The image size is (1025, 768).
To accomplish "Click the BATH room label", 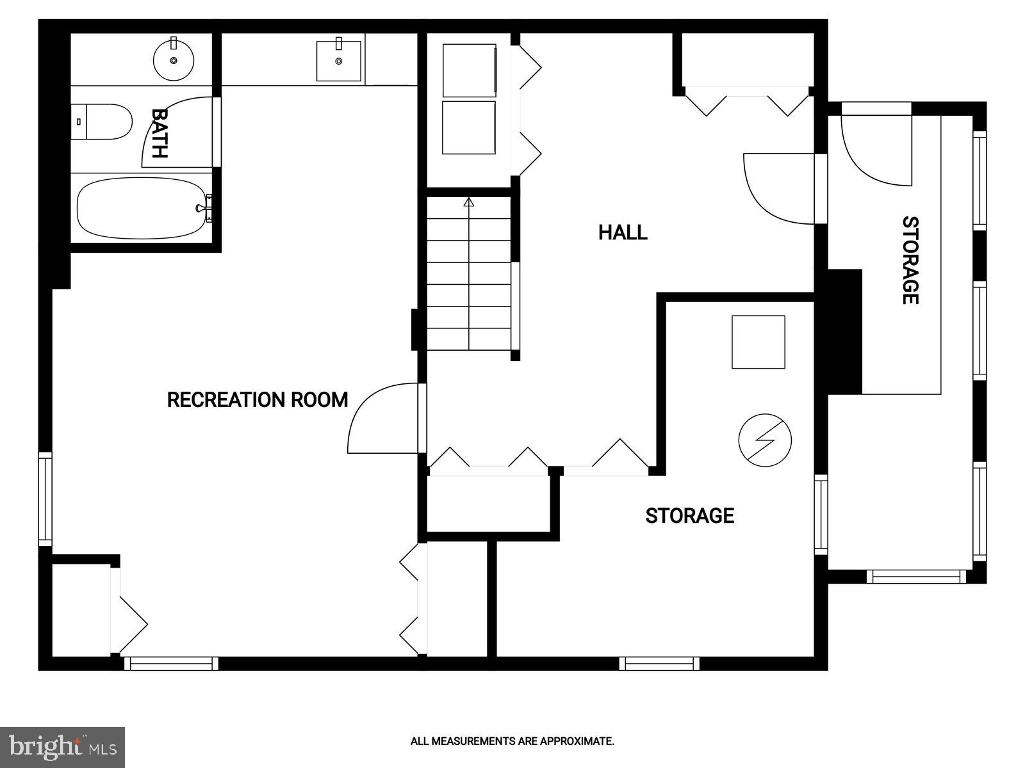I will [159, 133].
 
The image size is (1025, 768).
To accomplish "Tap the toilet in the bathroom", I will [102, 122].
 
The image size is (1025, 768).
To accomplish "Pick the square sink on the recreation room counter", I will [339, 61].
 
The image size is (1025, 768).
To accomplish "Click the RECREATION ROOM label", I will [257, 400].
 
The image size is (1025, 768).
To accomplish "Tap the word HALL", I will [623, 232].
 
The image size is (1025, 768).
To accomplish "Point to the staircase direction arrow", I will [468, 203].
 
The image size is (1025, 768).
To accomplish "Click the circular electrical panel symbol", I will [765, 440].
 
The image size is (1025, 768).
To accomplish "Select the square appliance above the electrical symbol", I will [758, 342].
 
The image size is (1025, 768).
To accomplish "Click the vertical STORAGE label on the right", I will [910, 260].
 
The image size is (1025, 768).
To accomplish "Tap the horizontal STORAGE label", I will [689, 516].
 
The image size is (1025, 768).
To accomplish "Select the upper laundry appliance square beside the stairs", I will [469, 70].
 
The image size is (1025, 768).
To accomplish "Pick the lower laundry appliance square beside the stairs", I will [469, 127].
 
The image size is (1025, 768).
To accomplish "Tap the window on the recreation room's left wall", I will [45, 499].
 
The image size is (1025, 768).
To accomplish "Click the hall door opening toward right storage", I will [782, 189].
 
